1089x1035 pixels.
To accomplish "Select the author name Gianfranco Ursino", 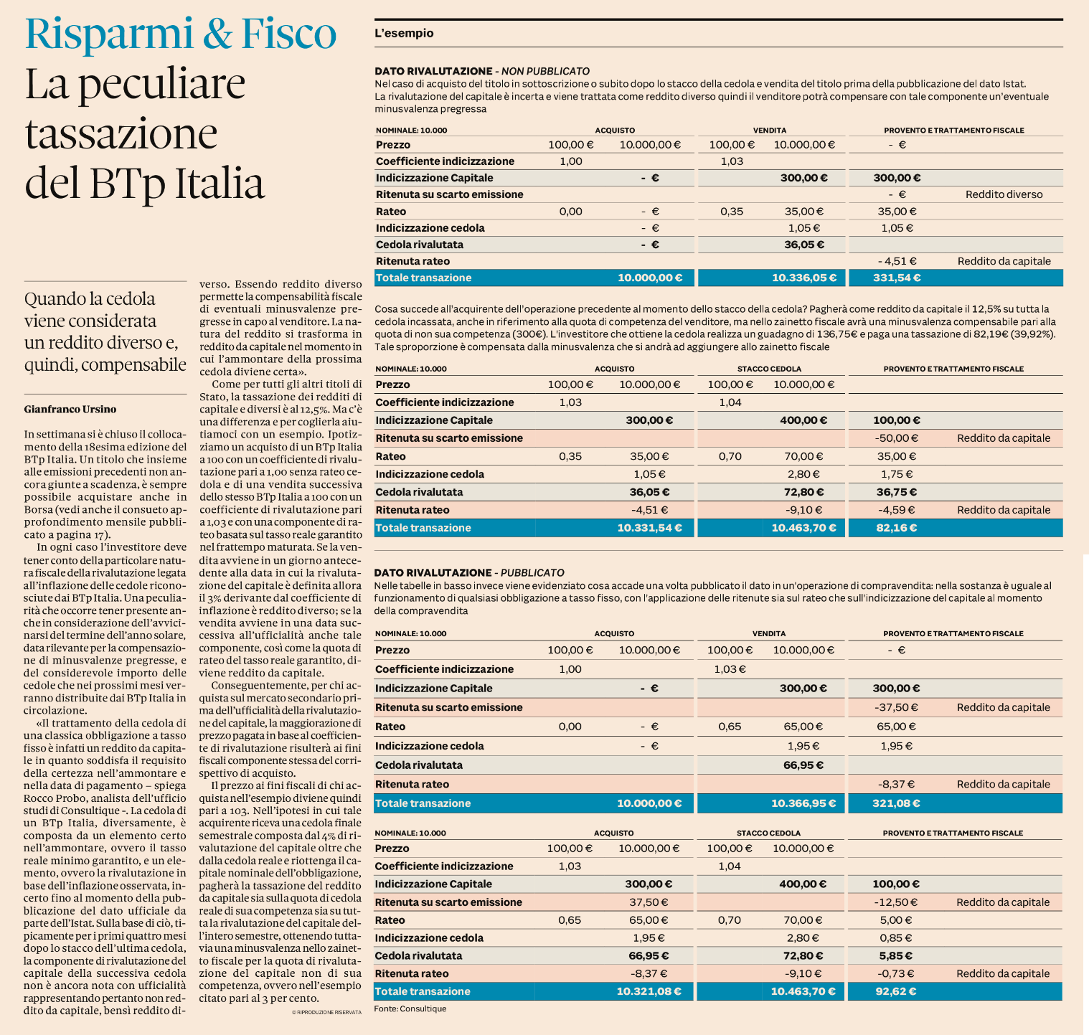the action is pos(70,410).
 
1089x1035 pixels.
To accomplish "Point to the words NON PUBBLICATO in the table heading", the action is pos(545,71).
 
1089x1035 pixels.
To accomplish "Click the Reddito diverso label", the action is pos(1004,194).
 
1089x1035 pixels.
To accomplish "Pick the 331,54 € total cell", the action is pos(897,278).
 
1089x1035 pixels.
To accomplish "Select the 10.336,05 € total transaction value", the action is pos(798,278).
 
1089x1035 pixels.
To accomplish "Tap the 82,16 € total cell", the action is pos(897,528).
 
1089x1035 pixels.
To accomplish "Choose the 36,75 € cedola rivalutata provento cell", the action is pos(897,492).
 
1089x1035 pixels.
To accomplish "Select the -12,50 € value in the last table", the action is pos(896,902).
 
